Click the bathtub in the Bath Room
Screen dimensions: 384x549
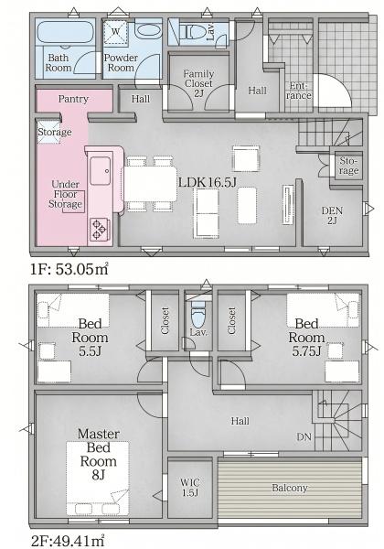(x=66, y=32)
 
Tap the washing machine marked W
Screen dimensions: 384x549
(x=115, y=32)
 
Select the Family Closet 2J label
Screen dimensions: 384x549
(x=198, y=83)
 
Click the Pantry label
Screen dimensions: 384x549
(x=73, y=99)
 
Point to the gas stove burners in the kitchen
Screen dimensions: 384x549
(x=99, y=229)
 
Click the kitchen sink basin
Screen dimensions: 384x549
(x=101, y=171)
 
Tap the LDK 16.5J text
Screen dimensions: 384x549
(x=208, y=182)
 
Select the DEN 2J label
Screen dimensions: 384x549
(x=332, y=215)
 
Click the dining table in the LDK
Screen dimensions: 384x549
(x=150, y=184)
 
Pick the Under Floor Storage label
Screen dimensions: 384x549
(x=66, y=194)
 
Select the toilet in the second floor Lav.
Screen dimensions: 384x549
(x=198, y=313)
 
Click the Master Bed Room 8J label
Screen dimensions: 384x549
(x=98, y=454)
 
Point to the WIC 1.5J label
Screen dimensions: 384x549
(x=190, y=488)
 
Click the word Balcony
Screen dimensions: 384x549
(x=290, y=488)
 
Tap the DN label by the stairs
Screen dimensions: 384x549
(x=304, y=436)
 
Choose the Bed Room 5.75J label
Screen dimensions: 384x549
(x=306, y=337)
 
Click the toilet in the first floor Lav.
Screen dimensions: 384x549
(x=191, y=32)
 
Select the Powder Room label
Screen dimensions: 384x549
(x=121, y=62)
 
